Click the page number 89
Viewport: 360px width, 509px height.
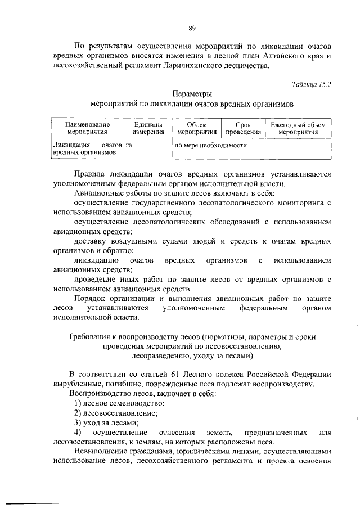192,29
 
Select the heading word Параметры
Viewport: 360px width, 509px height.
192,94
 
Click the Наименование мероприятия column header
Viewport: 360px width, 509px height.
87,128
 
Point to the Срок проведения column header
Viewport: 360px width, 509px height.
244,128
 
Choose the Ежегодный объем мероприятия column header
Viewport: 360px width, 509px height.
298,128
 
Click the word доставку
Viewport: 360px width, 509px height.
90,241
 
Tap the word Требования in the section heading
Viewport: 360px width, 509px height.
92,336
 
